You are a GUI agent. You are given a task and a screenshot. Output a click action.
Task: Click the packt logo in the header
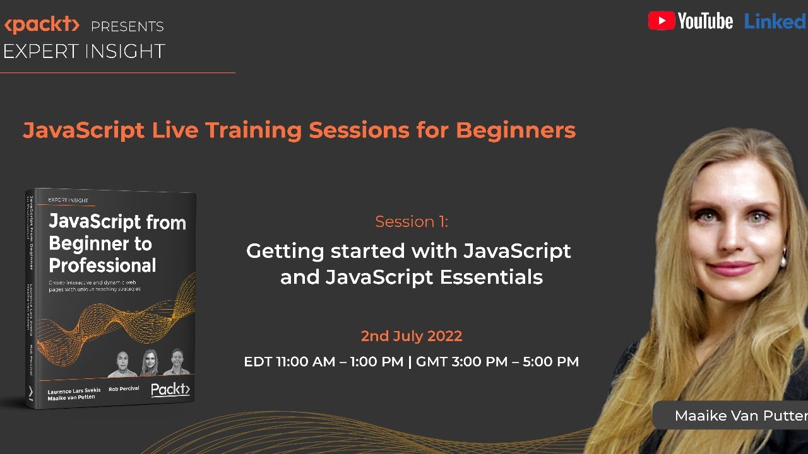click(x=42, y=25)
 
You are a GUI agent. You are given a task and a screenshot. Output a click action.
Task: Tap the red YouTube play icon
click(x=661, y=21)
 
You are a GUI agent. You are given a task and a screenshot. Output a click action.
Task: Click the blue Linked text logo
click(x=775, y=21)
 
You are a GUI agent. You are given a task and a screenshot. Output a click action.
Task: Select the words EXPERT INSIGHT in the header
click(x=84, y=52)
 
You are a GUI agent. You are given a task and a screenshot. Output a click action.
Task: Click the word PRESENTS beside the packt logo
click(x=127, y=26)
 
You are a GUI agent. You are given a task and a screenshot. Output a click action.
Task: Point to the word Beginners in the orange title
click(x=515, y=130)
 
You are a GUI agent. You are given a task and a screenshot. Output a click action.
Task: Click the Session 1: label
click(x=411, y=221)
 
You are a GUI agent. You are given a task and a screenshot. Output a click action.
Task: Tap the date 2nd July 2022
click(x=411, y=336)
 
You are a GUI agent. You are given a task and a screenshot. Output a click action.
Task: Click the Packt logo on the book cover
click(x=170, y=389)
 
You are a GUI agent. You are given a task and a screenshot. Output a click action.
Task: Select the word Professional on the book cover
click(x=102, y=265)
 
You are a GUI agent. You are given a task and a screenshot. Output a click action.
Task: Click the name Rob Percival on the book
click(x=123, y=388)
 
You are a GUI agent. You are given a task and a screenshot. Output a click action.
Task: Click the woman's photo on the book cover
click(x=150, y=363)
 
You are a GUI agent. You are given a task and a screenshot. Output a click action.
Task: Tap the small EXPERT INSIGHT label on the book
click(x=68, y=201)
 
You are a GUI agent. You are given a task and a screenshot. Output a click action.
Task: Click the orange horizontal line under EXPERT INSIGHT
click(x=117, y=73)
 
